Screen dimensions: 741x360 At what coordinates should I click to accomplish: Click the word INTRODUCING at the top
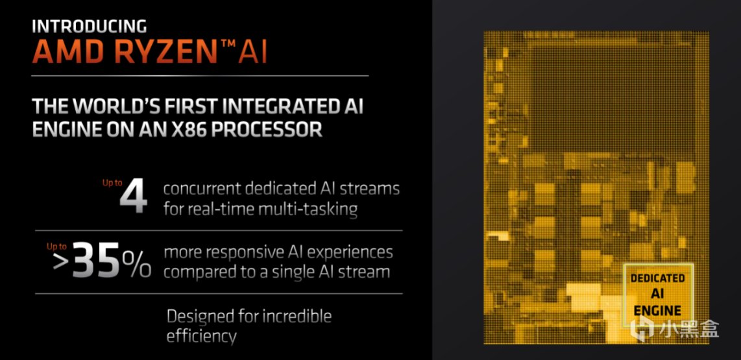pyautogui.click(x=89, y=26)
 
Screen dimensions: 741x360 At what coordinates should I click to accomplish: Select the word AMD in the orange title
pyautogui.click(x=68, y=51)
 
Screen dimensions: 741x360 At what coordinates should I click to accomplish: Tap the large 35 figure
pyautogui.click(x=96, y=261)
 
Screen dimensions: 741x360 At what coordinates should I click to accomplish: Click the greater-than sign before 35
pyautogui.click(x=62, y=262)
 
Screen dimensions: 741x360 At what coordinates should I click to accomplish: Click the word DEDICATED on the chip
pyautogui.click(x=657, y=278)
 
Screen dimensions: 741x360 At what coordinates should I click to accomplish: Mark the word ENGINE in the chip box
pyautogui.click(x=657, y=311)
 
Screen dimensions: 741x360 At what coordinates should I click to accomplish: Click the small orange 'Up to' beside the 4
pyautogui.click(x=112, y=182)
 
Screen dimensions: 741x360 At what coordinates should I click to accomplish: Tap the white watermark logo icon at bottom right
pyautogui.click(x=643, y=328)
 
